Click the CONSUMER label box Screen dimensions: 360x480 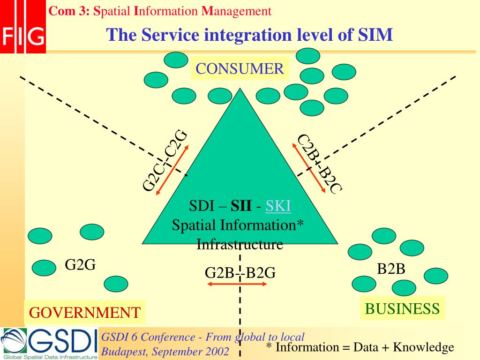click(240, 69)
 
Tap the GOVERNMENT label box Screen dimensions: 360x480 click(85, 312)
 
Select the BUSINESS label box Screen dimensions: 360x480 click(402, 308)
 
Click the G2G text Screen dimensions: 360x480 click(80, 265)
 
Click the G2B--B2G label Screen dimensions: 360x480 click(240, 272)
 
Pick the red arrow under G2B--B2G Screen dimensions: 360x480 click(237, 284)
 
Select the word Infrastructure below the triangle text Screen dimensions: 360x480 click(240, 244)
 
